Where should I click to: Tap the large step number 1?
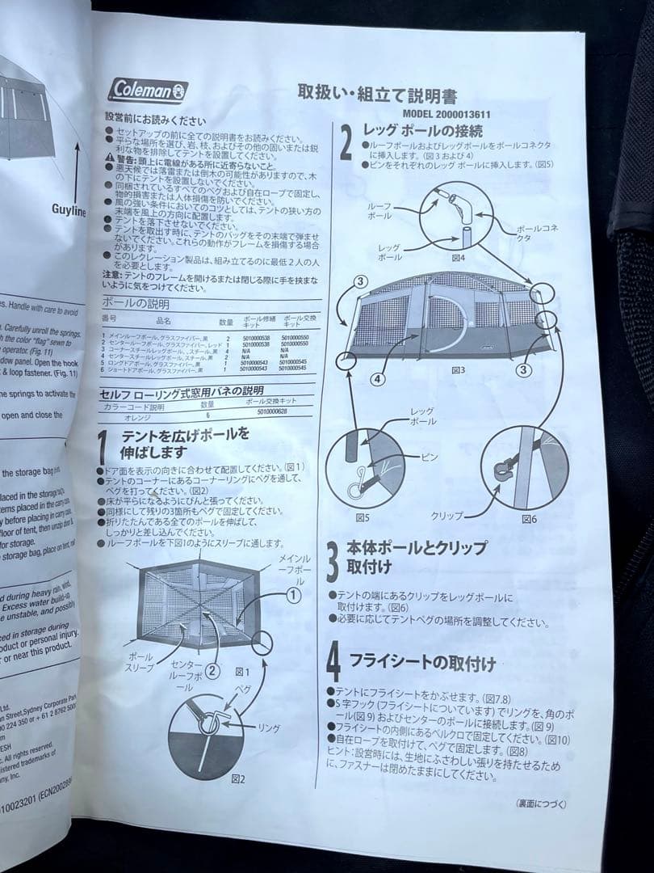pyautogui.click(x=103, y=449)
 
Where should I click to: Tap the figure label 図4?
pyautogui.click(x=459, y=258)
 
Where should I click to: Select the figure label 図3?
pyautogui.click(x=458, y=369)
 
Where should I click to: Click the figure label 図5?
pyautogui.click(x=363, y=517)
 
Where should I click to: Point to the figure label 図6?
pyautogui.click(x=529, y=518)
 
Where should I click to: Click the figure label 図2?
pyautogui.click(x=237, y=778)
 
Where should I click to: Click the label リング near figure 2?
pyautogui.click(x=268, y=728)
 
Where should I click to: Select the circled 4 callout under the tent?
pyautogui.click(x=379, y=377)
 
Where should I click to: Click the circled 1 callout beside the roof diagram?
pyautogui.click(x=294, y=594)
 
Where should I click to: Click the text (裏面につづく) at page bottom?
pyautogui.click(x=540, y=803)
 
